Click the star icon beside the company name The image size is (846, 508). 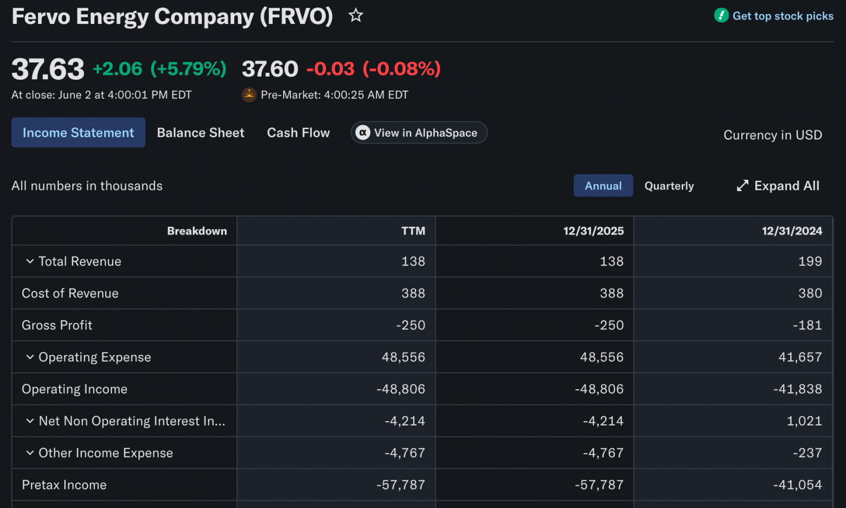(x=355, y=16)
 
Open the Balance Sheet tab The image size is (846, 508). (x=201, y=132)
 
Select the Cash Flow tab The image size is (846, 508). (x=298, y=132)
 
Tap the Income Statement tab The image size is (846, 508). (x=78, y=132)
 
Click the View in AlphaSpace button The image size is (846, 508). (x=419, y=132)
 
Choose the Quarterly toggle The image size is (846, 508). (x=669, y=186)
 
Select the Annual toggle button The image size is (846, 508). (x=603, y=186)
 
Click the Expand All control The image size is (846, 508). (x=778, y=186)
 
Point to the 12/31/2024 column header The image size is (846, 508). (x=792, y=231)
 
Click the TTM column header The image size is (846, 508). (x=413, y=231)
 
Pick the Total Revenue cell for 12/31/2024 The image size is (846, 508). (x=810, y=261)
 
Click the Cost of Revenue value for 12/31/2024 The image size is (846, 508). (x=810, y=293)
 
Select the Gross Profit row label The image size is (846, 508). (x=57, y=325)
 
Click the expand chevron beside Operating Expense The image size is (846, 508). (x=30, y=357)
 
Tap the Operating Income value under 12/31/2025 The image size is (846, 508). (x=599, y=389)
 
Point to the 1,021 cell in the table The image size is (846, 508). (x=804, y=421)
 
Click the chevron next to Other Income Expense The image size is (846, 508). (x=30, y=453)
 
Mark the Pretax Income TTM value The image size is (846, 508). (x=401, y=485)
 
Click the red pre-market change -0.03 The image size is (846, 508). (x=330, y=69)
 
